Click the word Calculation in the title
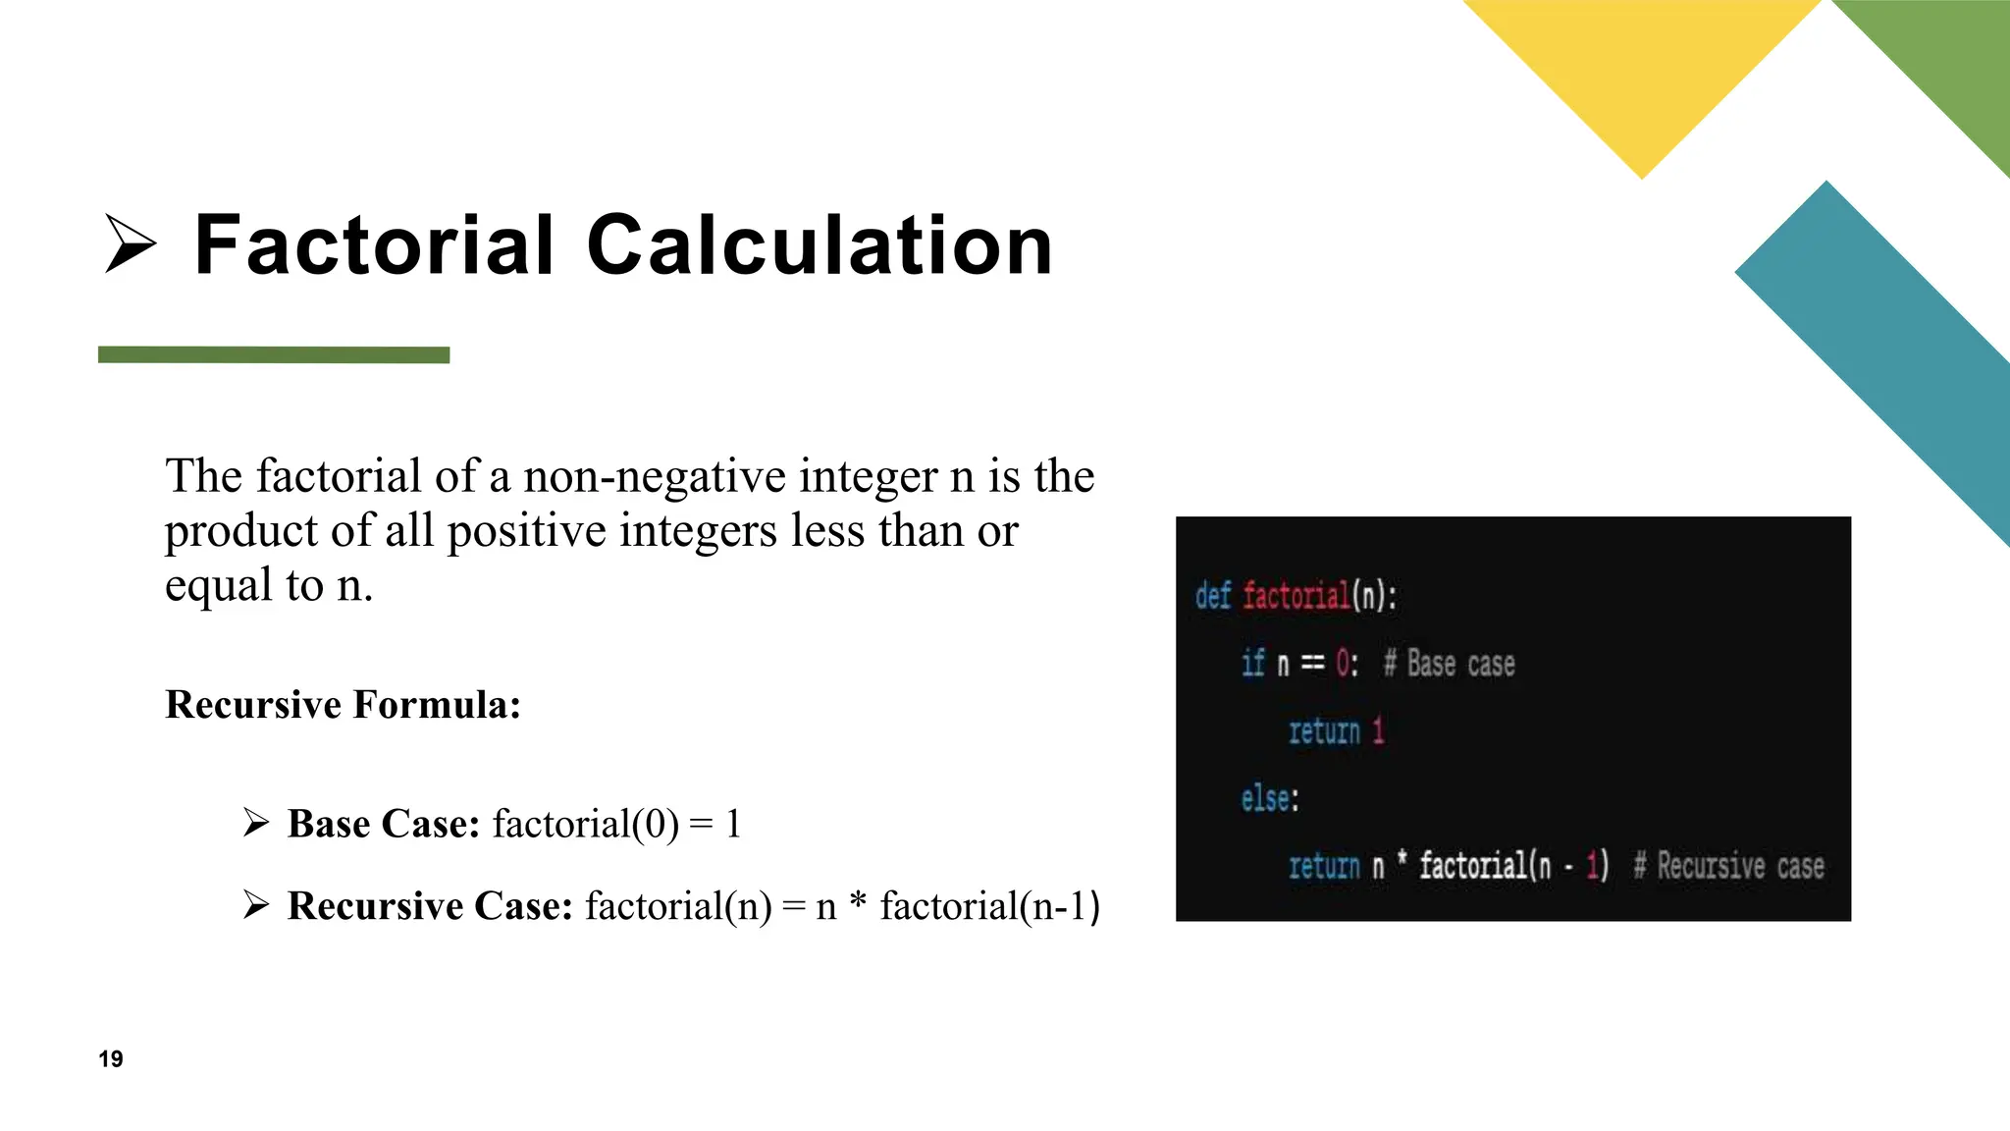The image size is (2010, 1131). click(820, 245)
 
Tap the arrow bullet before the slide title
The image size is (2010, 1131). click(131, 245)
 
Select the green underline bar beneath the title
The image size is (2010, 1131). click(274, 354)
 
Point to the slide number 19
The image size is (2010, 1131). click(111, 1058)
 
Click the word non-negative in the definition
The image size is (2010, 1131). click(655, 477)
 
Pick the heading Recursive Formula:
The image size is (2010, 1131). click(343, 705)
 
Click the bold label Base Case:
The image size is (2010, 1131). click(384, 824)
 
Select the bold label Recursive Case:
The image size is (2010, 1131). click(430, 906)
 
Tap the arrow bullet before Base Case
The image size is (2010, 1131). click(256, 822)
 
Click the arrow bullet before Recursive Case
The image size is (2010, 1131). click(256, 904)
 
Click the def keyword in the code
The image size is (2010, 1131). click(1213, 596)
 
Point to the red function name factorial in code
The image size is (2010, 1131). click(1296, 596)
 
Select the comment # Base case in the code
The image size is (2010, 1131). click(1450, 665)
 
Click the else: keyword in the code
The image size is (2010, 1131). click(1269, 798)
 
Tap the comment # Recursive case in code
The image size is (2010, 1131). click(1728, 866)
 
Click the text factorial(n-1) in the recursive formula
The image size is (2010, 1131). click(989, 906)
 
